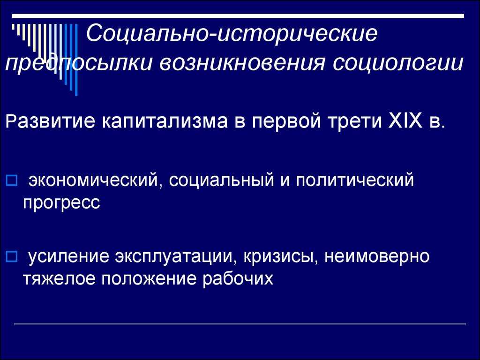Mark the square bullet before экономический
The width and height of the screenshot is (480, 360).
(13, 180)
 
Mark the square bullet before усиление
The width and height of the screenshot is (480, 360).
(13, 256)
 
